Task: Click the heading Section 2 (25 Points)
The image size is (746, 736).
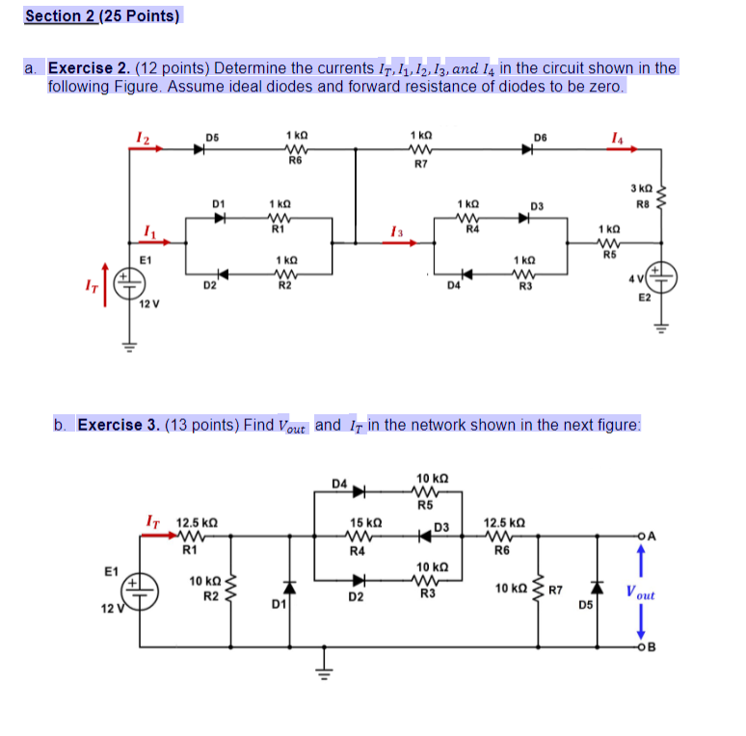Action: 102,16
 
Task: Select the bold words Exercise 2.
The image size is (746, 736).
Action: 90,68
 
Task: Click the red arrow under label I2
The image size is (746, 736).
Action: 147,149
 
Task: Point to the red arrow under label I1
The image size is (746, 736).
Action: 148,243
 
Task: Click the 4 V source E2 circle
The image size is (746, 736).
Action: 663,277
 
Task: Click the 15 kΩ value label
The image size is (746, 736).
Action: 359,521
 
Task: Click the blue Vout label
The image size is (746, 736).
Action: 640,594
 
